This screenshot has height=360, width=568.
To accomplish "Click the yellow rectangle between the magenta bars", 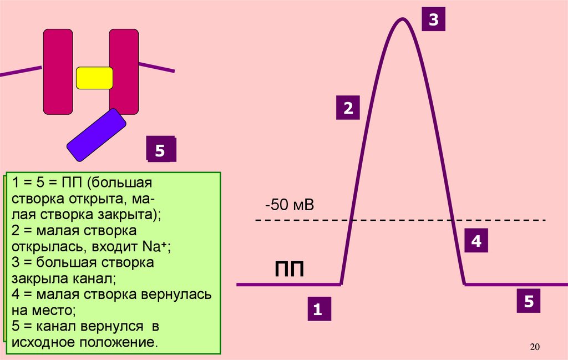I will click(94, 78).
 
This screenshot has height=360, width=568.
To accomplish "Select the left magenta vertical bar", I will click(58, 72).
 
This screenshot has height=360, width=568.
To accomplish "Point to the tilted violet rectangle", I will click(97, 135).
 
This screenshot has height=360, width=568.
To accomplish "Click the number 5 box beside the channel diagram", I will click(160, 150).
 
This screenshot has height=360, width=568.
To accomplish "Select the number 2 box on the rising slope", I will click(348, 107).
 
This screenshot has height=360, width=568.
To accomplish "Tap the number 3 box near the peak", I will click(433, 21).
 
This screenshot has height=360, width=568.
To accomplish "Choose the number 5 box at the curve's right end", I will click(529, 302).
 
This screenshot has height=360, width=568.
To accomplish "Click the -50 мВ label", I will click(290, 206).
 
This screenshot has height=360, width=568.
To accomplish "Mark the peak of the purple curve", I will click(402, 19).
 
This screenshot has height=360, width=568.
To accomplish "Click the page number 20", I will click(535, 347).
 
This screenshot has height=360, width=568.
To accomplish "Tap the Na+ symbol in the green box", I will click(157, 246).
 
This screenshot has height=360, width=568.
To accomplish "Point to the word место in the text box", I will click(52, 310).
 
